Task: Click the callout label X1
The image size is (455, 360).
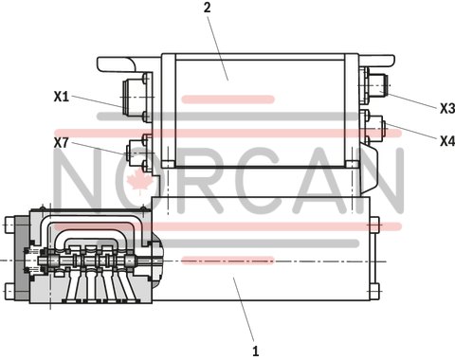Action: click(x=63, y=96)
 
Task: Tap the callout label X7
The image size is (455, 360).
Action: click(x=63, y=142)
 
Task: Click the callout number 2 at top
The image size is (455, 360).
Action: click(x=207, y=9)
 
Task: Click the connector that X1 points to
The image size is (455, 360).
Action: click(x=130, y=96)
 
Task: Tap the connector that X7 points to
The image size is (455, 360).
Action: click(x=133, y=149)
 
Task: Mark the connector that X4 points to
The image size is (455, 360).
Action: click(x=374, y=123)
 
